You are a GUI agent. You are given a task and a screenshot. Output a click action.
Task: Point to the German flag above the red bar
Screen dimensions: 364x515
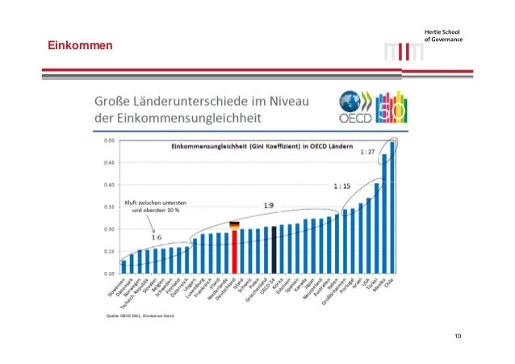tap(235, 225)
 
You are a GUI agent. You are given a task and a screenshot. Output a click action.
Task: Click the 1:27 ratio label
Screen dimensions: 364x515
tap(367, 151)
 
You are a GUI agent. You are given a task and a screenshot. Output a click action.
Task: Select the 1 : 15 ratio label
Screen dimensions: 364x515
tap(342, 186)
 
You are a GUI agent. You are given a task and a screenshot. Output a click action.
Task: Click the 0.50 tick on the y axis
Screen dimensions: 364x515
tap(108, 140)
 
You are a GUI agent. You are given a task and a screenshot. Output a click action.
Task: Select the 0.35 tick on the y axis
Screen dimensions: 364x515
tap(108, 207)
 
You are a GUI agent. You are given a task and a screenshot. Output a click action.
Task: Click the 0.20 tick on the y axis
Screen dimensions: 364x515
tap(108, 274)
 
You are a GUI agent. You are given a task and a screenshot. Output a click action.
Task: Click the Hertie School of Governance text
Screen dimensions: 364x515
tap(445, 36)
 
